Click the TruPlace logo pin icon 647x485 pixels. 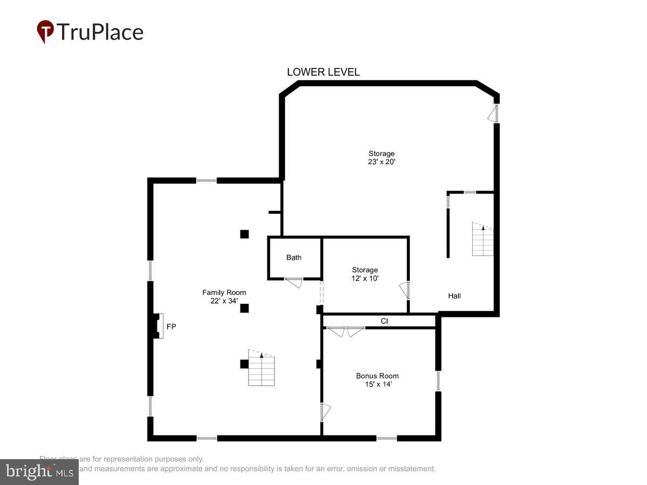click(45, 32)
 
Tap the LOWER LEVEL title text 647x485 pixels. click(323, 72)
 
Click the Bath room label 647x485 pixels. click(294, 258)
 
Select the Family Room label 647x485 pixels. click(224, 293)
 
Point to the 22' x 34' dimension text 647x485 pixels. click(224, 301)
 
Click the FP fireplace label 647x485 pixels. click(171, 327)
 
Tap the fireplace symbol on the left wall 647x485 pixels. click(156, 326)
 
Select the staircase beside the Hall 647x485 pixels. click(483, 239)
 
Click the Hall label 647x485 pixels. click(455, 296)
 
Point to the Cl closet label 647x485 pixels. click(384, 321)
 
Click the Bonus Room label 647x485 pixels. click(377, 376)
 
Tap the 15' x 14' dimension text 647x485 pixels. click(377, 384)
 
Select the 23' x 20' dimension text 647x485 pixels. click(382, 162)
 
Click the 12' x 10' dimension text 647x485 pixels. click(365, 279)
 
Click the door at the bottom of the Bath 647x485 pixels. click(294, 282)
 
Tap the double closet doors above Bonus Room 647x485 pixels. click(346, 331)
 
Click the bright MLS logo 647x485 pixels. click(39, 472)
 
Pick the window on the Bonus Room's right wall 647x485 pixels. click(438, 380)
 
